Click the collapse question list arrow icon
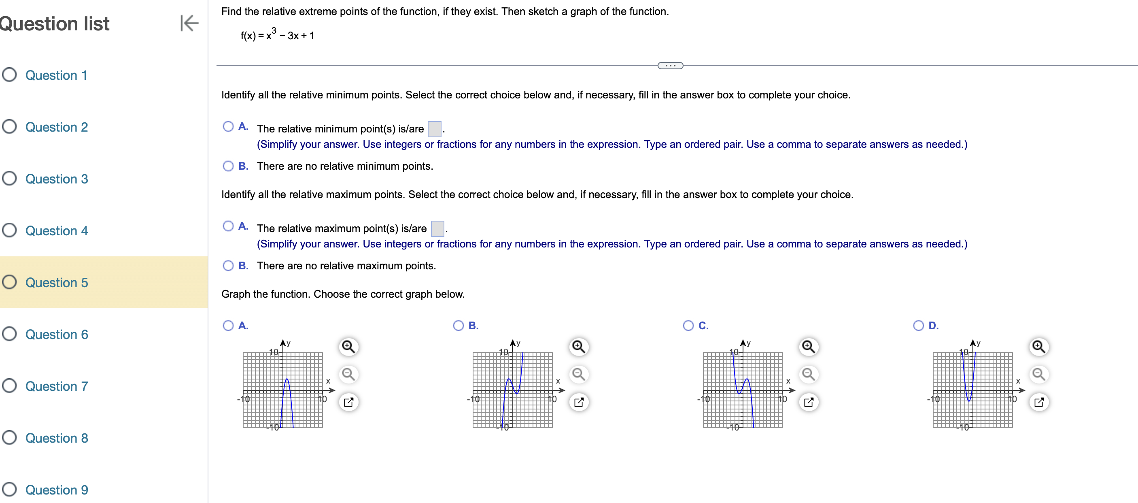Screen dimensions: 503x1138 189,23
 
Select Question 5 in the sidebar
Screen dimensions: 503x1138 56,282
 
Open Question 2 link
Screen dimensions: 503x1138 56,127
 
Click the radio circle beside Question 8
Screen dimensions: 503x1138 9,437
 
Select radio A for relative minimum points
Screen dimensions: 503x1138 228,127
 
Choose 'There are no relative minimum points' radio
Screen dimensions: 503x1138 228,166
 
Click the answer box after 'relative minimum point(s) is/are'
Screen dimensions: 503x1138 434,129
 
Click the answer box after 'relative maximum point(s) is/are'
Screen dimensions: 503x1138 437,228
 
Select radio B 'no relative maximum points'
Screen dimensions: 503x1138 228,266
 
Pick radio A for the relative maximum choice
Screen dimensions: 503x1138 228,226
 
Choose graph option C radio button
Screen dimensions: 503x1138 688,326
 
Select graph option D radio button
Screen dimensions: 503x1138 918,326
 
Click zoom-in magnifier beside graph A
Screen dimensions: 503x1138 348,347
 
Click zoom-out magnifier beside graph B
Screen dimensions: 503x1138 578,374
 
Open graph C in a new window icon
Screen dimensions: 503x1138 809,402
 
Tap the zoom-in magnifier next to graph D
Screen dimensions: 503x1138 1038,347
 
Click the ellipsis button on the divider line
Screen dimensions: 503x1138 670,66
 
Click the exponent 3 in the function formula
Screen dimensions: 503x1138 274,30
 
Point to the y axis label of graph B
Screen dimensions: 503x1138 518,343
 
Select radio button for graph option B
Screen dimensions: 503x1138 458,326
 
